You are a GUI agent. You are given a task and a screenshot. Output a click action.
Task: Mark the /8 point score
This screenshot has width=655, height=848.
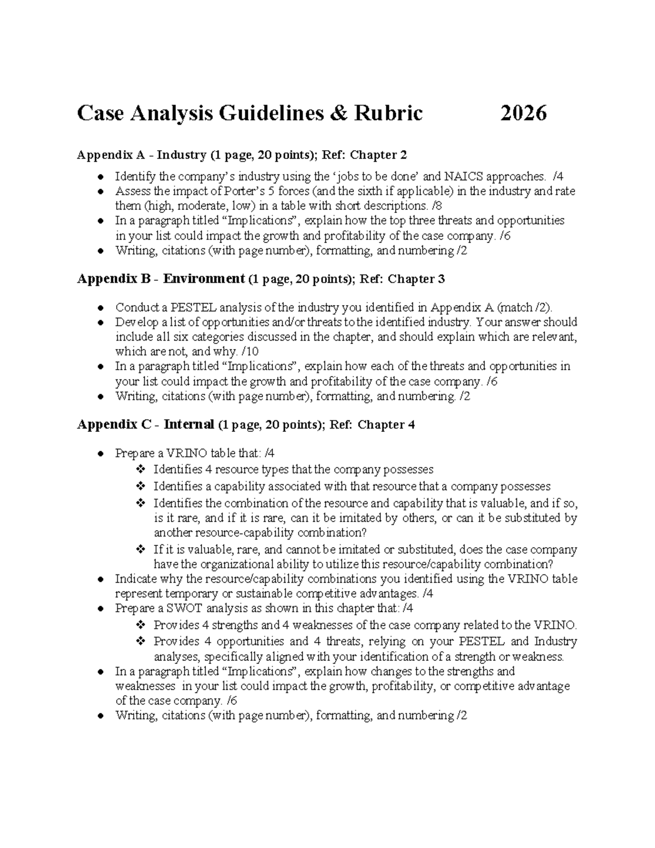[437, 206]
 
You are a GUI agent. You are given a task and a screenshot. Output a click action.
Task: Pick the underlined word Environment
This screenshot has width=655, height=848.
[204, 279]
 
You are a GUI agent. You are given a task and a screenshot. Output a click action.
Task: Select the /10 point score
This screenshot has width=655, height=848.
[249, 351]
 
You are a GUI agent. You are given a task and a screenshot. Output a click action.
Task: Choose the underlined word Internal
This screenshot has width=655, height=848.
[189, 425]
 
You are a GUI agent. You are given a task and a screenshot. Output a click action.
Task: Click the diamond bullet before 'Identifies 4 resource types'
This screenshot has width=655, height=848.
[140, 470]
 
